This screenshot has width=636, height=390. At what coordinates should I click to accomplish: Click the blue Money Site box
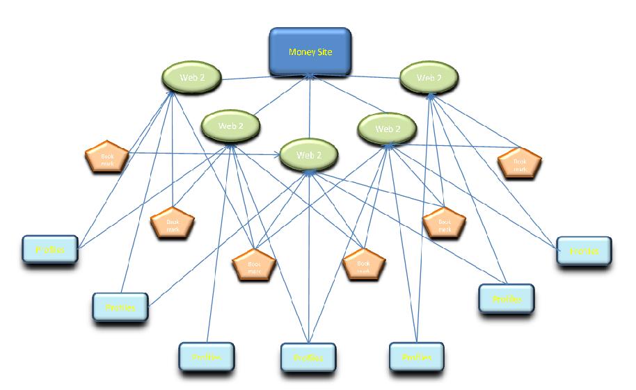[x=310, y=52]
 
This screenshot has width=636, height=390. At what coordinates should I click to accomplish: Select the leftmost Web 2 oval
[x=192, y=78]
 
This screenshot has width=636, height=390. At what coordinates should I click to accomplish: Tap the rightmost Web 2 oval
[x=429, y=78]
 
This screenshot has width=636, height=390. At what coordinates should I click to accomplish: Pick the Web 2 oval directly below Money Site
[x=309, y=154]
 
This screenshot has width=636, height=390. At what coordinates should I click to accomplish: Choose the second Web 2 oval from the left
[x=230, y=126]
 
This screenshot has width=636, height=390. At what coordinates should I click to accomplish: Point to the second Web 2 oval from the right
[x=387, y=129]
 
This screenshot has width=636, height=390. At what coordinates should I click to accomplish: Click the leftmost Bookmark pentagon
[x=107, y=159]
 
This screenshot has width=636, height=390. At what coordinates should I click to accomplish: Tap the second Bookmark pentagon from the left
[x=172, y=223]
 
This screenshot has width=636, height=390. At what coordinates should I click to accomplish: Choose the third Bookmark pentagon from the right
[x=363, y=264]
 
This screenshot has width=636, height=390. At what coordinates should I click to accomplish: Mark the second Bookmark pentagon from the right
[x=444, y=223]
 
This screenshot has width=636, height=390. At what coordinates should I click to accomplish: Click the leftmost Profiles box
[x=48, y=250]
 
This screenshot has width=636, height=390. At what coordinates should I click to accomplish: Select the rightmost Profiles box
[x=584, y=252]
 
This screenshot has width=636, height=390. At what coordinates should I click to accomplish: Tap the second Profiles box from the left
[x=120, y=307]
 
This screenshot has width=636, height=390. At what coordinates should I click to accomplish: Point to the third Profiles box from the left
[x=206, y=357]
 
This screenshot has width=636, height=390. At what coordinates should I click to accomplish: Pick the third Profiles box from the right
[x=416, y=357]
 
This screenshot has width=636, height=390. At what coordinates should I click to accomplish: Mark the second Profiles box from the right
[x=506, y=299]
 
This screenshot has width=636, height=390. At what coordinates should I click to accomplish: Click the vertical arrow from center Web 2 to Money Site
[x=310, y=111]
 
